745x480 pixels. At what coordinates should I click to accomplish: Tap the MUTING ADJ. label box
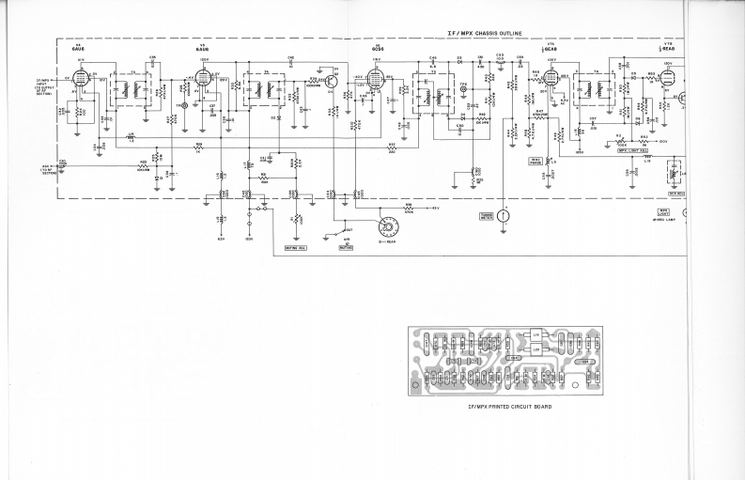tap(296, 247)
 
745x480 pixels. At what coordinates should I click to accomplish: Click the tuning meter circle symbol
tap(504, 215)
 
